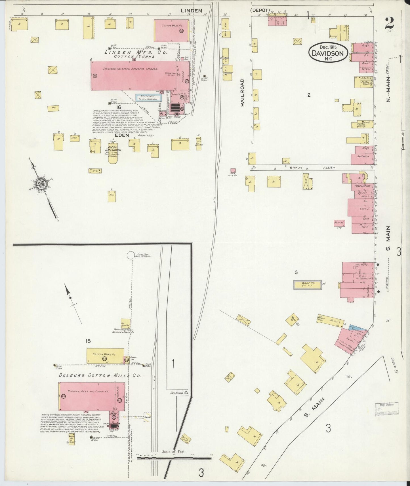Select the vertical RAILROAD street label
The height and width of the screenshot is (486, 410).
tap(243, 92)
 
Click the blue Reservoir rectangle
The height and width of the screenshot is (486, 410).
tap(149, 98)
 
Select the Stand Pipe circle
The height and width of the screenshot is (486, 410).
tap(131, 255)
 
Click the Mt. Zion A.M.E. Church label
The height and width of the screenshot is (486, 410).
tap(113, 150)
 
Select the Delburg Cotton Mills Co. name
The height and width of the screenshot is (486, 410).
tap(100, 375)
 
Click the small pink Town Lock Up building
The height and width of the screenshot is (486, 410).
tap(233, 171)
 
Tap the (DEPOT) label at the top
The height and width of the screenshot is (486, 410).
tap(260, 10)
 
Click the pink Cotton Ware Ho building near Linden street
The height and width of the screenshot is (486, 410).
tap(172, 31)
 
